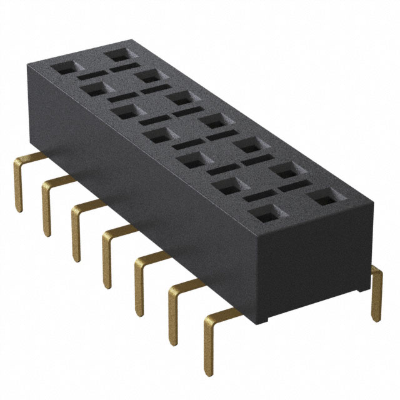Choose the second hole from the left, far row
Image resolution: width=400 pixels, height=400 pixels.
click(148, 76)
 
